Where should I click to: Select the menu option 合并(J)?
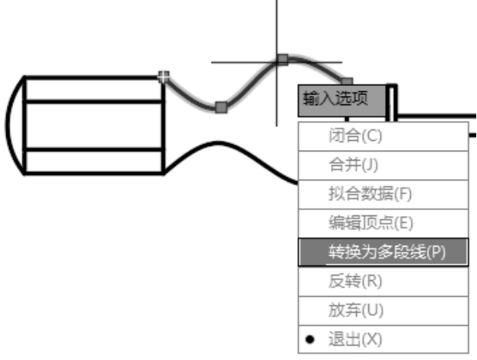point(354,165)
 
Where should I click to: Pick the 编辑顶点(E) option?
point(370,222)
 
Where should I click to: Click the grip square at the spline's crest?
point(282,59)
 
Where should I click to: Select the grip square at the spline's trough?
point(221,107)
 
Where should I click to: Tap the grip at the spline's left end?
point(162,76)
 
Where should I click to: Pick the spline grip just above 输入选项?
point(346,81)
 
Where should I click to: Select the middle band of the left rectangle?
point(94,126)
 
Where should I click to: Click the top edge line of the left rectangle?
point(94,77)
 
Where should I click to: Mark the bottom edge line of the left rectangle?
point(94,174)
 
